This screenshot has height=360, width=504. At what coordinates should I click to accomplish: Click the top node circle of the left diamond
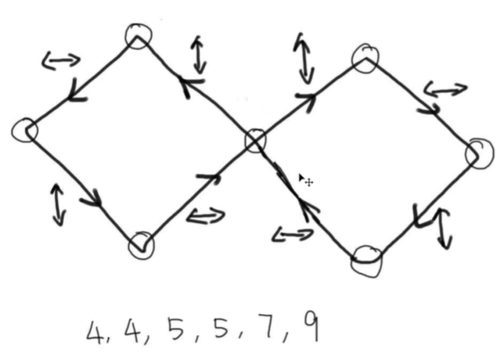[x=138, y=36]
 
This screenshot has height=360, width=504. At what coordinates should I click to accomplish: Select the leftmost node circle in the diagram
[x=25, y=130]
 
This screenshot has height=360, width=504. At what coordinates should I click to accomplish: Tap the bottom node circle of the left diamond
[x=141, y=245]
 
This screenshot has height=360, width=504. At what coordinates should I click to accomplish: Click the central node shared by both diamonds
[x=256, y=140]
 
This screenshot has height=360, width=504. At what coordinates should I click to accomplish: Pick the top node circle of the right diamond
[x=365, y=59]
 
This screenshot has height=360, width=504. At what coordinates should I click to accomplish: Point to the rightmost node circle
[x=480, y=154]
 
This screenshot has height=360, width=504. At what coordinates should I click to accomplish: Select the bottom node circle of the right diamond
[x=367, y=261]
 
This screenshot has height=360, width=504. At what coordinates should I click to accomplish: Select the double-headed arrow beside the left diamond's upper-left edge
[x=61, y=60]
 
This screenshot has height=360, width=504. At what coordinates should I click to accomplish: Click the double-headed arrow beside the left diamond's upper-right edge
[x=199, y=55]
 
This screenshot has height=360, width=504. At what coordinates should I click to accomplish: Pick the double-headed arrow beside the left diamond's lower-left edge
[x=58, y=205]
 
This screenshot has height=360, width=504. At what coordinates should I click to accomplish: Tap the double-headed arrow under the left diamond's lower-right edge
[x=206, y=216]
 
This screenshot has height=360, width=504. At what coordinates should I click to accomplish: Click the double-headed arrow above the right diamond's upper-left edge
[x=304, y=58]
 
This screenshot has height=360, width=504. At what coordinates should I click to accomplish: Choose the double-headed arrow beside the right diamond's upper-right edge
[x=445, y=90]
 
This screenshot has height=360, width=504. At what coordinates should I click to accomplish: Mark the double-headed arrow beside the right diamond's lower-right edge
[x=445, y=229]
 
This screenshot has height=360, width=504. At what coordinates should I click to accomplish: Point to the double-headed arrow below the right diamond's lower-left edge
[x=293, y=235]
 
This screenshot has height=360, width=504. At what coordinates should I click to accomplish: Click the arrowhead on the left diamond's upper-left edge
[x=77, y=92]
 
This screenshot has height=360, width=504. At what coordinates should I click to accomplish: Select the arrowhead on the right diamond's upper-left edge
[x=307, y=100]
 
